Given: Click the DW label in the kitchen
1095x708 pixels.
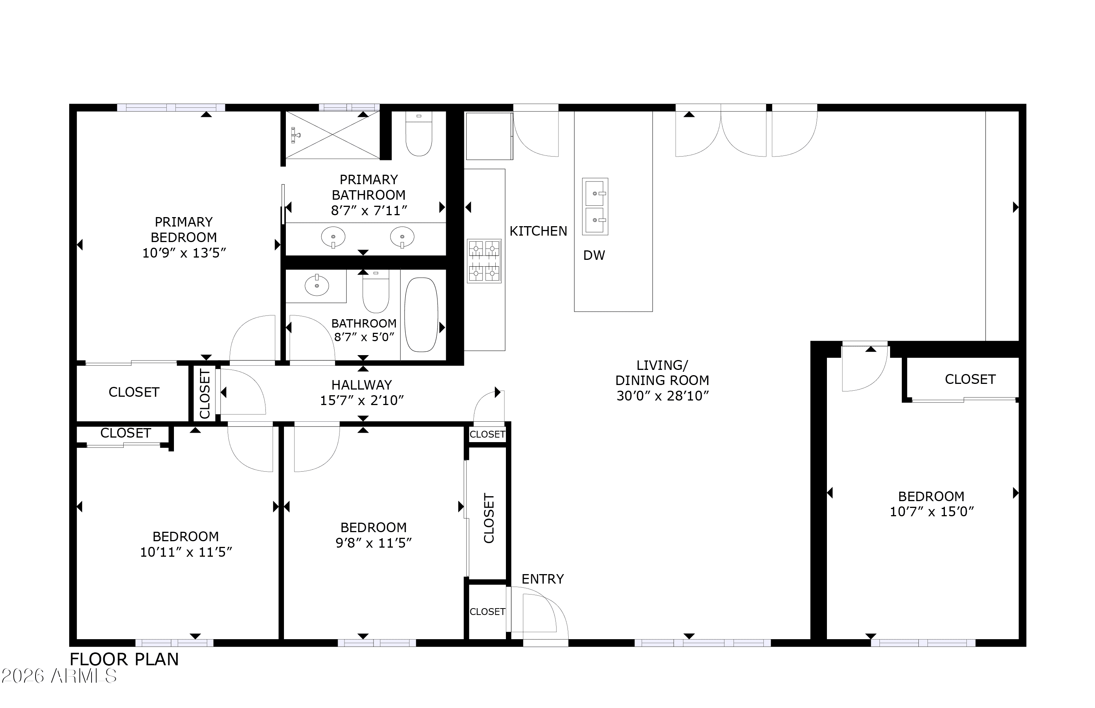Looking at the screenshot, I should [x=594, y=255].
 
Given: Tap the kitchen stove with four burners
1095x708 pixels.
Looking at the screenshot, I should [x=484, y=261].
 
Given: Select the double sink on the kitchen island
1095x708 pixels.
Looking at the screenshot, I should [x=595, y=206].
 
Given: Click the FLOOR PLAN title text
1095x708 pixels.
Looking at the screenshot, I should [x=124, y=659].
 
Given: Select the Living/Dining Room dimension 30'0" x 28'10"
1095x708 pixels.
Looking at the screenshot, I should [x=662, y=396].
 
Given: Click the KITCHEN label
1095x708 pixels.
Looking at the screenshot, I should [x=538, y=231].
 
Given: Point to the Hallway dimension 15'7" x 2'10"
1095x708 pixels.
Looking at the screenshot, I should [x=361, y=401].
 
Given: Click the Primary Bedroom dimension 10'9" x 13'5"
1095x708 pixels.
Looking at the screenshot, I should [x=184, y=253].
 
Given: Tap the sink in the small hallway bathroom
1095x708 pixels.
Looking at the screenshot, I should [x=316, y=286].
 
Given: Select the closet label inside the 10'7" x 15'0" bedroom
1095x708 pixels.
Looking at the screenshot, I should [x=969, y=379].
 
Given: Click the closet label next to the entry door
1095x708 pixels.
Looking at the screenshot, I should [x=487, y=612].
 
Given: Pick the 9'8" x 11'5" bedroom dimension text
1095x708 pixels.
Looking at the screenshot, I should [x=373, y=543].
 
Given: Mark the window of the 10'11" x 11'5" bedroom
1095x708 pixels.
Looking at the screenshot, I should [x=174, y=643].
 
